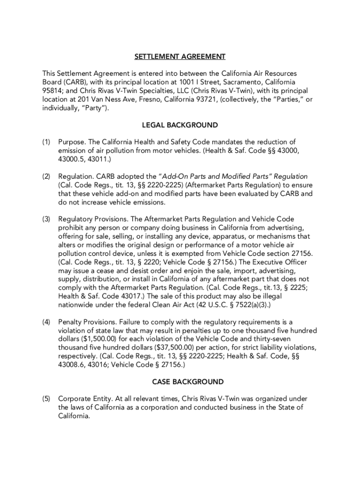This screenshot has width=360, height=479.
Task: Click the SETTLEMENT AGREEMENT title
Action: (x=180, y=57)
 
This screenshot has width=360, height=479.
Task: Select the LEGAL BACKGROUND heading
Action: (x=180, y=125)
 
